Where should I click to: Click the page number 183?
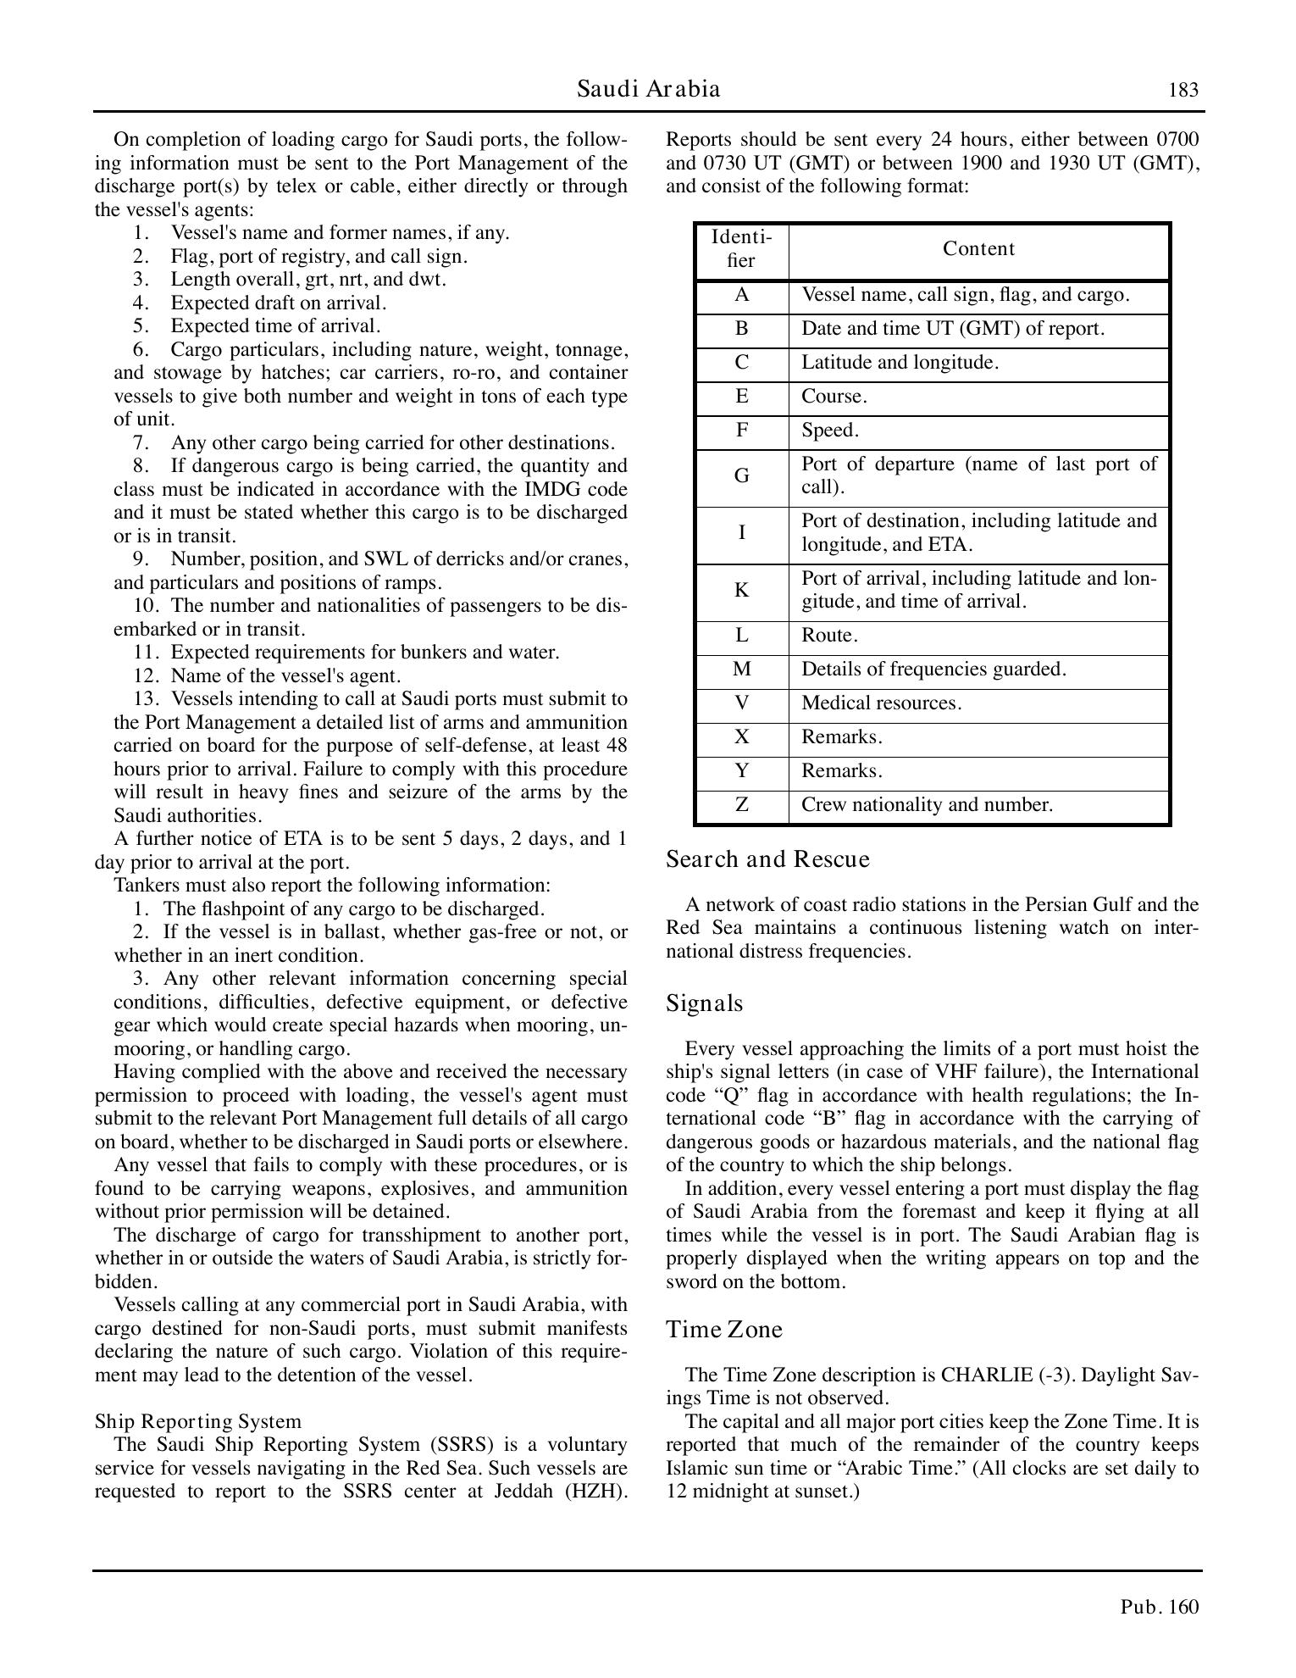click(1183, 91)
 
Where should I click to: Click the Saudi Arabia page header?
click(648, 89)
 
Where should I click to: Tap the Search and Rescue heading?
click(767, 859)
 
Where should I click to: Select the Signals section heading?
click(704, 1003)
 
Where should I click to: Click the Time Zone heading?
click(724, 1330)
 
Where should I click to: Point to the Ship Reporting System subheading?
click(197, 1421)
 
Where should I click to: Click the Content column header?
click(978, 249)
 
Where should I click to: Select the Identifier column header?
click(741, 249)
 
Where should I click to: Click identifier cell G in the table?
click(741, 476)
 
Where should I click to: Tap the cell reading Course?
click(834, 397)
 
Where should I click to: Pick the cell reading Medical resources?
click(881, 703)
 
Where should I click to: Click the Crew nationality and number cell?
click(927, 805)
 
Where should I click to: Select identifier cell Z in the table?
click(741, 805)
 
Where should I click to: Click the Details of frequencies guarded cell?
click(933, 670)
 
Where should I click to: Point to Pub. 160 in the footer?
click(1159, 1607)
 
